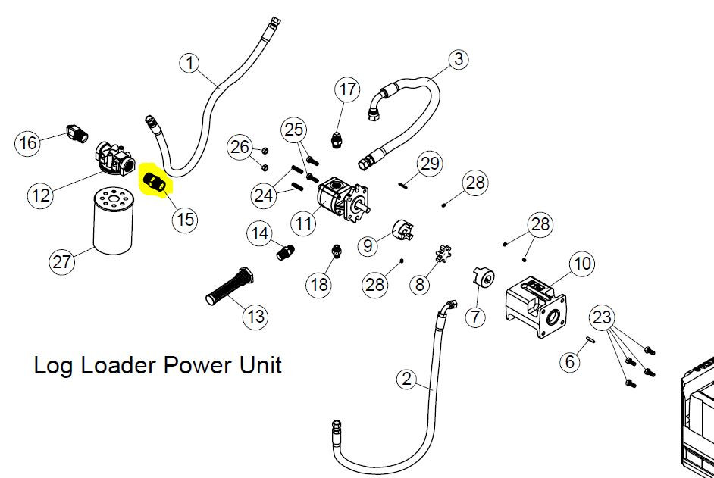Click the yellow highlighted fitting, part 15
pos(155,181)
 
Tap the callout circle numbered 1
pos(190,63)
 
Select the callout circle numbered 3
pos(458,59)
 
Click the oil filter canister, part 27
pos(114,222)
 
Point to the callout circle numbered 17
pos(347,89)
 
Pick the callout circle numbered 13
pos(255,317)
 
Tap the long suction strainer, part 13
pos(230,287)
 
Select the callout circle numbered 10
pos(582,263)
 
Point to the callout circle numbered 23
pos(602,317)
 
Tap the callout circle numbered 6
pos(570,362)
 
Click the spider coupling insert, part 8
pos(443,254)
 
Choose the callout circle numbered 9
pos(368,246)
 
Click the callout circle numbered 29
pos(430,164)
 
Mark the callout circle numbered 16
pos(27,143)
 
